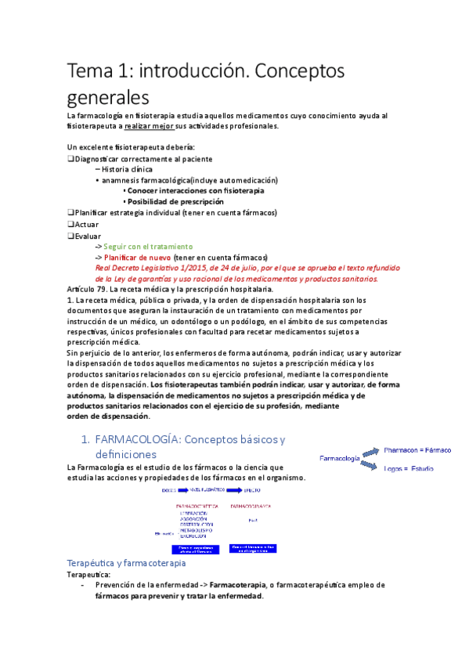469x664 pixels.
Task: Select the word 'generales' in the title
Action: (107, 99)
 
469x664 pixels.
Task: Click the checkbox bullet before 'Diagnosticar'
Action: (71, 158)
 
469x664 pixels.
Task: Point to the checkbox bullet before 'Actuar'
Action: (71, 224)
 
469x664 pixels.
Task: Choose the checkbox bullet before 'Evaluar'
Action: (71, 235)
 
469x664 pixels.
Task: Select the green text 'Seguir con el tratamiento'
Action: (148, 246)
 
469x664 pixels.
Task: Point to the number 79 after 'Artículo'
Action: (106, 290)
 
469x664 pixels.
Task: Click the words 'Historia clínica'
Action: (127, 169)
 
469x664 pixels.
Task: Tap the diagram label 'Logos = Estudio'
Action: (409, 468)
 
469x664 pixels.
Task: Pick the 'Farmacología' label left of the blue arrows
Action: (339, 457)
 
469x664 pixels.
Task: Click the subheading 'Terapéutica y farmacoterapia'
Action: (127, 563)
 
